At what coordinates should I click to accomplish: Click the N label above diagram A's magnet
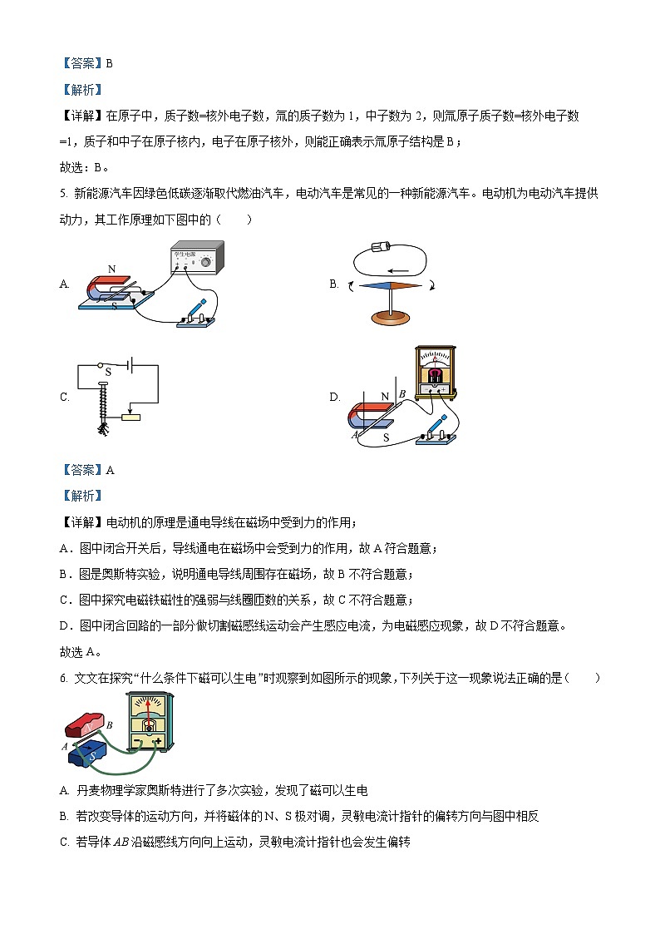(x=112, y=269)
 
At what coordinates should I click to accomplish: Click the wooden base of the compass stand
(x=390, y=319)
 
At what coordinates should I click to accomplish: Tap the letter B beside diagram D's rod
(x=401, y=393)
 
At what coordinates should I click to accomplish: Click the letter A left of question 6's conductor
(x=64, y=746)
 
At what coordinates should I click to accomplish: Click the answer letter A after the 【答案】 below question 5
(x=111, y=470)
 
